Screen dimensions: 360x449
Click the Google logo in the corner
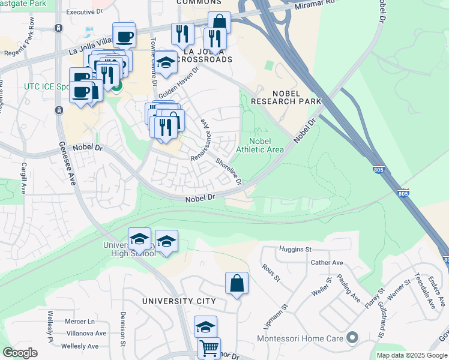point(19,353)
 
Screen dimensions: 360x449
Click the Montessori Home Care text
point(300,339)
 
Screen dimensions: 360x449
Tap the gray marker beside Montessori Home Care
point(352,338)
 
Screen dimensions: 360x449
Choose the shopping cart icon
point(208,347)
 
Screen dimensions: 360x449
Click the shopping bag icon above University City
point(237,283)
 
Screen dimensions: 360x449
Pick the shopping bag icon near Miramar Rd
point(220,22)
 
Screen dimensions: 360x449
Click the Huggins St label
point(295,249)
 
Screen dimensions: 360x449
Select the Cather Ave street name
point(327,263)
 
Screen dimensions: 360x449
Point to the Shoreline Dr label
point(229,171)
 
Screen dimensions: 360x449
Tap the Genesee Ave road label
point(68,163)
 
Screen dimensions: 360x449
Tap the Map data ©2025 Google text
point(411,355)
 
